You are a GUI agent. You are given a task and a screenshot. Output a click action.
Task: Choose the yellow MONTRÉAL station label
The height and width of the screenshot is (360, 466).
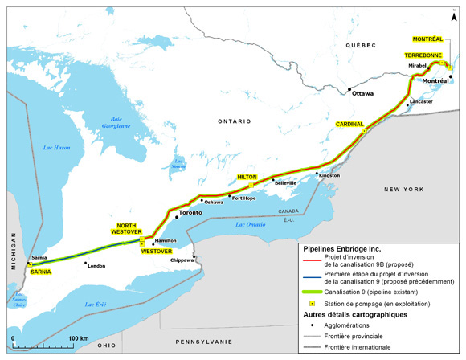pyautogui.click(x=427, y=39)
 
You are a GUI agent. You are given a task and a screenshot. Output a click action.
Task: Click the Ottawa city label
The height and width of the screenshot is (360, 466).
pyautogui.click(x=364, y=93)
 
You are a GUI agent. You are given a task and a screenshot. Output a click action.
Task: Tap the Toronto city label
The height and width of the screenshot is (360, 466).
pyautogui.click(x=190, y=213)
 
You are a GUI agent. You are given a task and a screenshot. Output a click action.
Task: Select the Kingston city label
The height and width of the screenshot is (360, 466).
pyautogui.click(x=329, y=175)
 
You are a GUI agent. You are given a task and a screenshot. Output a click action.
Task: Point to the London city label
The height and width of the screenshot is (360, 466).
pyautogui.click(x=96, y=266)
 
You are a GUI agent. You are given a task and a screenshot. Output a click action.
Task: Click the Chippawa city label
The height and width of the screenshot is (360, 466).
pyautogui.click(x=184, y=260)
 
